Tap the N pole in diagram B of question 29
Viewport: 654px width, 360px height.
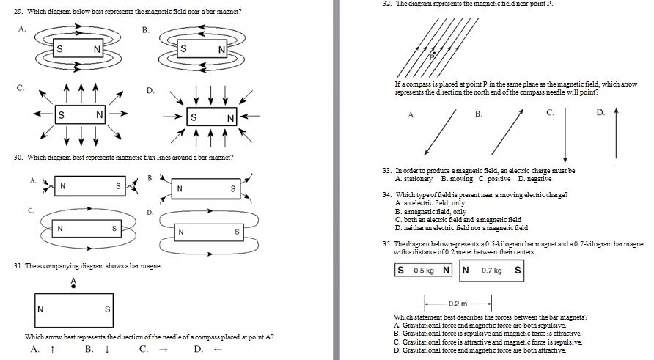point(221,49)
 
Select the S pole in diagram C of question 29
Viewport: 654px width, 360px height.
point(60,115)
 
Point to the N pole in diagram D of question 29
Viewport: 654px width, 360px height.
point(230,118)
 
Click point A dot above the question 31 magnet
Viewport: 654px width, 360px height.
point(73,287)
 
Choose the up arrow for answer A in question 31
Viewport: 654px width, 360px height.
point(53,349)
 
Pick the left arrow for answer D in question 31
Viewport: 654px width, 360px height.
point(217,349)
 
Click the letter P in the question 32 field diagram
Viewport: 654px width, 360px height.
point(433,55)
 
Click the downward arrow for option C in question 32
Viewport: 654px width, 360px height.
point(565,135)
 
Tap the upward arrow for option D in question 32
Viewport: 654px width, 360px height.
point(616,135)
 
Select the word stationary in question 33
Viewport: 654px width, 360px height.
point(418,179)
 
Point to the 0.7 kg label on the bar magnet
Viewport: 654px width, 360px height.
point(491,271)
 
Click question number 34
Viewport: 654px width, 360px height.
point(386,194)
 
